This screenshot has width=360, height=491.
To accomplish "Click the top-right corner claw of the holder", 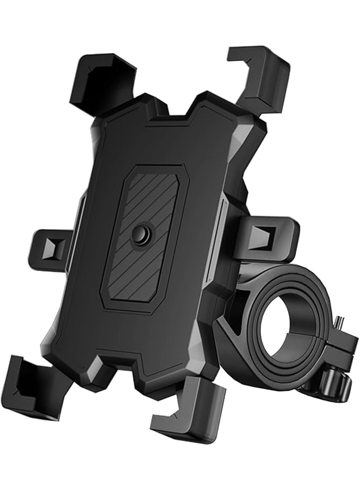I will (259, 76).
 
